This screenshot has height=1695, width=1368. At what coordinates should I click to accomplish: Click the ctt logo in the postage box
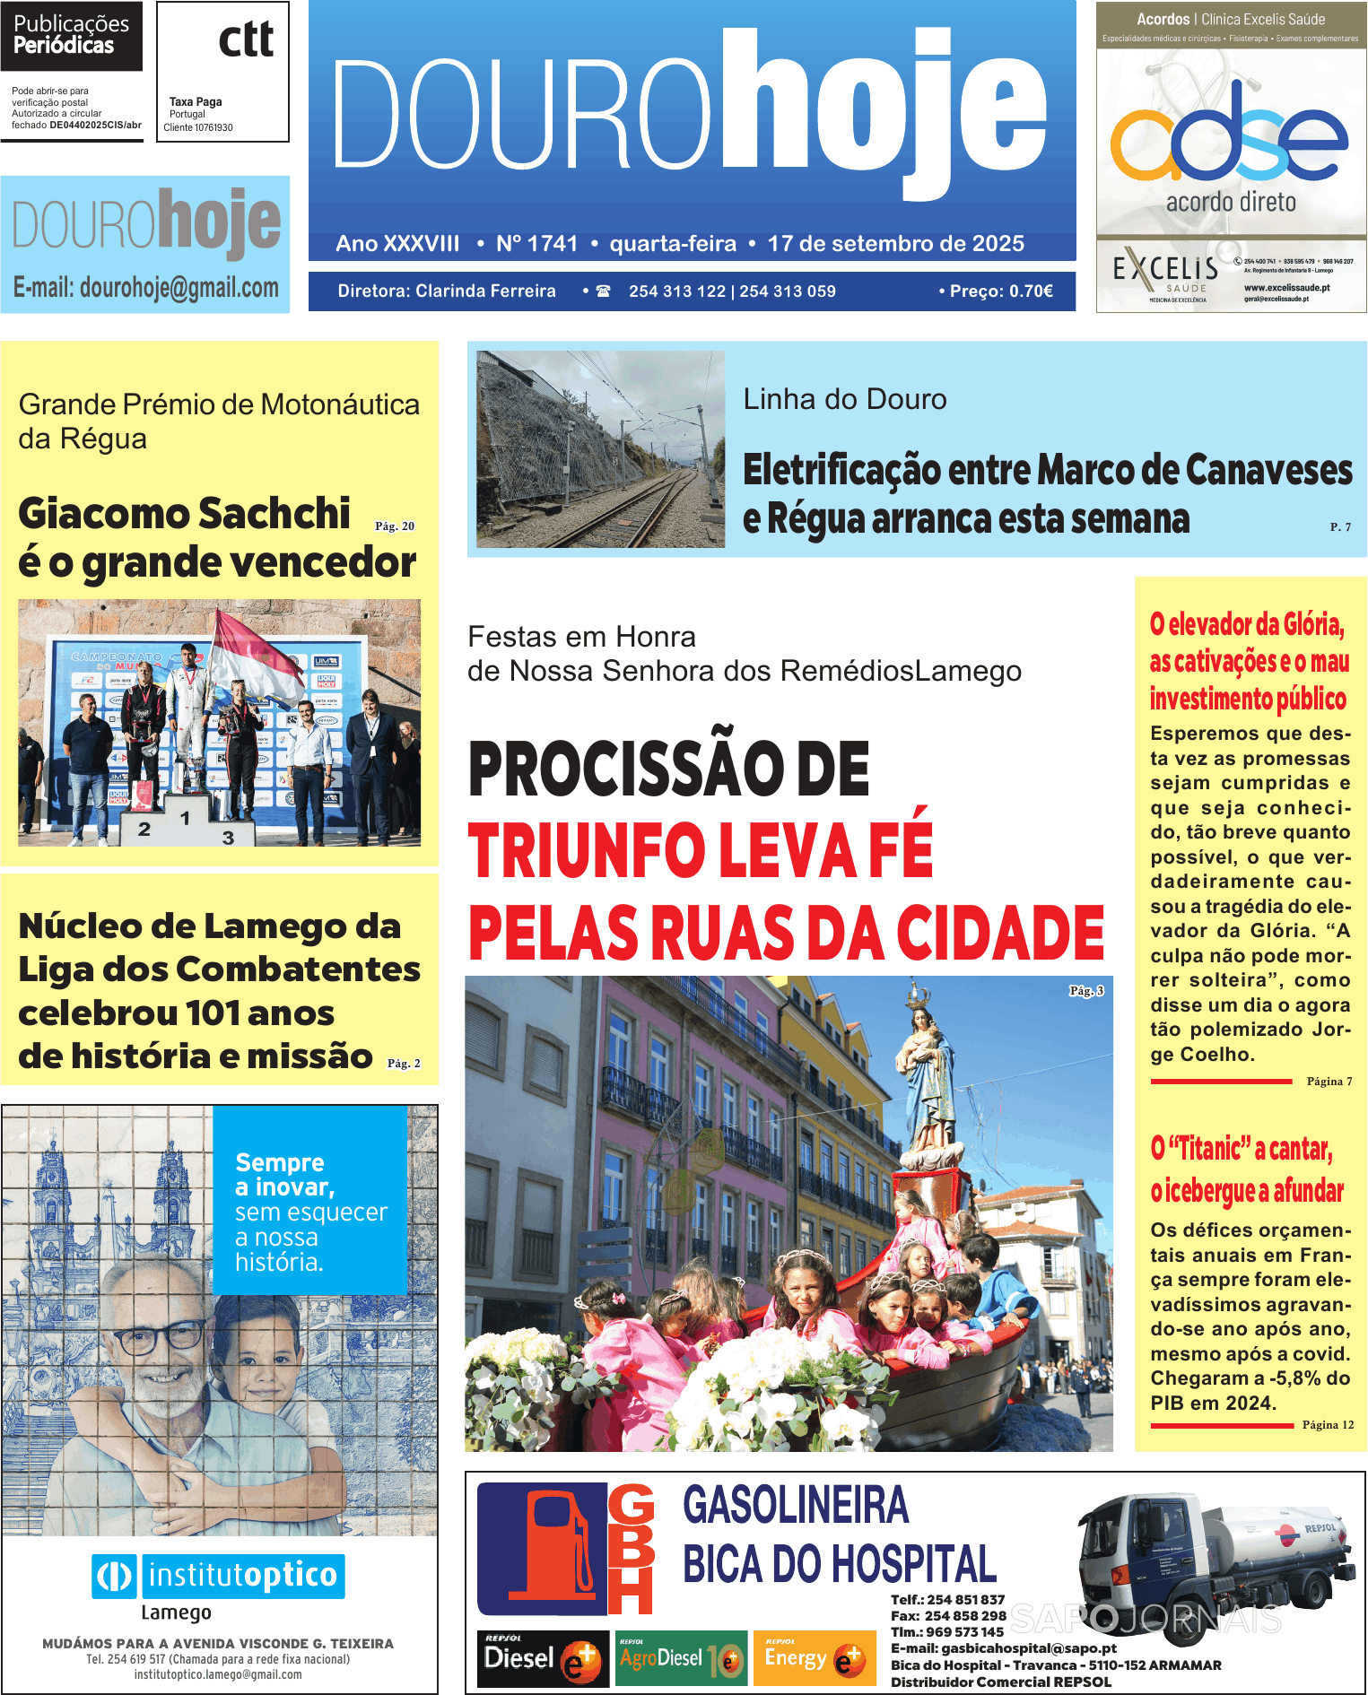click(246, 39)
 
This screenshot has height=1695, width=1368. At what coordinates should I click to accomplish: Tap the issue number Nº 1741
click(536, 244)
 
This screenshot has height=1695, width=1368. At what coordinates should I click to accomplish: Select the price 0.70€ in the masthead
click(1031, 291)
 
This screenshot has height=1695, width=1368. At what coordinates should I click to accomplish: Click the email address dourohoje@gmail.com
click(179, 288)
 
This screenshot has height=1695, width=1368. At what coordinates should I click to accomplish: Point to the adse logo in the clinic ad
click(1229, 135)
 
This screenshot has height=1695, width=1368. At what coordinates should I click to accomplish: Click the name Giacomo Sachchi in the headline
click(184, 514)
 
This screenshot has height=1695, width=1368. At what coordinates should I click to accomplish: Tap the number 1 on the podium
click(185, 818)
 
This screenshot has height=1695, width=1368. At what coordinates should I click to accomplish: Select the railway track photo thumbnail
click(600, 449)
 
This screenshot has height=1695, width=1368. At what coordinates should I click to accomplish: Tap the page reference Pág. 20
click(395, 526)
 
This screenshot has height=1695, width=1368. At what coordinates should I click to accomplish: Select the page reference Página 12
click(1328, 1424)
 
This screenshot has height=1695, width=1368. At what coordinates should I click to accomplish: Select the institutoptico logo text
click(242, 1576)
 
